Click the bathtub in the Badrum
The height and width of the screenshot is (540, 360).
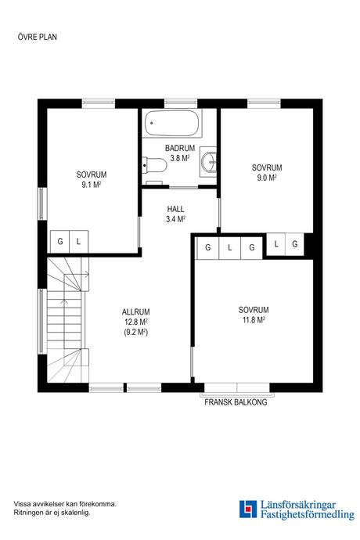pos(172,124)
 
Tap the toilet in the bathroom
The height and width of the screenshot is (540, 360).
pos(154,165)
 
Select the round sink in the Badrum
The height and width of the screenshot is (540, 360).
pos(209,162)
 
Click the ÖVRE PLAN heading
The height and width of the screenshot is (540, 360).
pos(38,37)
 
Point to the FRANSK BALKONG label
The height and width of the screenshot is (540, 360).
pos(236,402)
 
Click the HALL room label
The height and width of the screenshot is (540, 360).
pos(175,209)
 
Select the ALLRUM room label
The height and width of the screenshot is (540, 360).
pos(135,312)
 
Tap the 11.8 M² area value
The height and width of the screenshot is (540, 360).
pos(254,320)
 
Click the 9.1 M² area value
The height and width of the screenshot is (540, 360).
pos(92,185)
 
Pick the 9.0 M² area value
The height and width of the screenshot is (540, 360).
pos(267,178)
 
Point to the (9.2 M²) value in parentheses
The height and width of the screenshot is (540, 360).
pos(135,333)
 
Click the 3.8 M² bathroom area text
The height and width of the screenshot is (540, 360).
pos(180,158)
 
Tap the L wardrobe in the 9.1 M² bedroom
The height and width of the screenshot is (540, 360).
pos(79,241)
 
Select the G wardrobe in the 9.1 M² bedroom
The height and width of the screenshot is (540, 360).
pos(60,241)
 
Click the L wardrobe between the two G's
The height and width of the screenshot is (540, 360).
pos(230,247)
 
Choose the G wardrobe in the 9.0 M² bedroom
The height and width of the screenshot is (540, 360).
pos(295,244)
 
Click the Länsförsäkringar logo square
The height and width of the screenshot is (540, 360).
pos(248,509)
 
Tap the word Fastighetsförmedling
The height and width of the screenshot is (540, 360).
pos(308,515)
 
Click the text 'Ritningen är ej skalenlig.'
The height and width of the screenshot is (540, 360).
pos(52,513)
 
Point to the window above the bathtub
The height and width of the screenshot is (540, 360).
pos(181,103)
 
